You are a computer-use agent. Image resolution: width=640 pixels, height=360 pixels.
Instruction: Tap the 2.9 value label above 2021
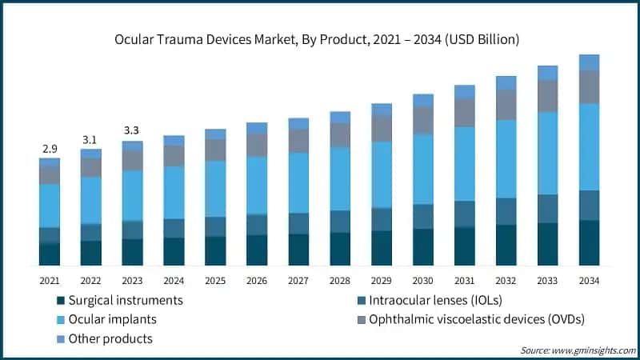tap(50, 150)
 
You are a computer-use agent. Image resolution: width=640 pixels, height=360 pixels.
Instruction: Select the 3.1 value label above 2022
tap(91, 140)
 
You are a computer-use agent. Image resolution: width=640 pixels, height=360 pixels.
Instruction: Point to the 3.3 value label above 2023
tap(133, 131)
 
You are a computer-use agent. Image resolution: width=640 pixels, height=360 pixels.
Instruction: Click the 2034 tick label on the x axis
tap(589, 281)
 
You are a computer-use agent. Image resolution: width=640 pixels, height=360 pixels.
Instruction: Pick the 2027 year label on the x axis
tap(298, 281)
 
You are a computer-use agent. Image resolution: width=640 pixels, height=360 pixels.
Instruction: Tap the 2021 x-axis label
tap(50, 281)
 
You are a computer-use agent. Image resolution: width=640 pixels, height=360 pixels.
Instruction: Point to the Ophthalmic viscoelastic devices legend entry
tap(472, 319)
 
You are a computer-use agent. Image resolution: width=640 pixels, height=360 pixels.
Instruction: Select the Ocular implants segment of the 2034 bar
tap(589, 146)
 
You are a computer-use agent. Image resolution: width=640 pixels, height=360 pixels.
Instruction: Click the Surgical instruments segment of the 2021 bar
tap(50, 254)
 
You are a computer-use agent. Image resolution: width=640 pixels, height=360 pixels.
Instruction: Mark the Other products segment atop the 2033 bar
tap(547, 73)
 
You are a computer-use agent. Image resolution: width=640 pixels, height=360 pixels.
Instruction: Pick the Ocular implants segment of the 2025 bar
tap(215, 189)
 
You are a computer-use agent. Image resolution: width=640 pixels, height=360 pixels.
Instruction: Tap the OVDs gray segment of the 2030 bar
tap(423, 120)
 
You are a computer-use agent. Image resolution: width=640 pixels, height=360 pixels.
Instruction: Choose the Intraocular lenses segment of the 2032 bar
tap(506, 211)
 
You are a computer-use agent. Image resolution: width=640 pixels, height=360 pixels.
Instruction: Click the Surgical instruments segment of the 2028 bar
tap(340, 249)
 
